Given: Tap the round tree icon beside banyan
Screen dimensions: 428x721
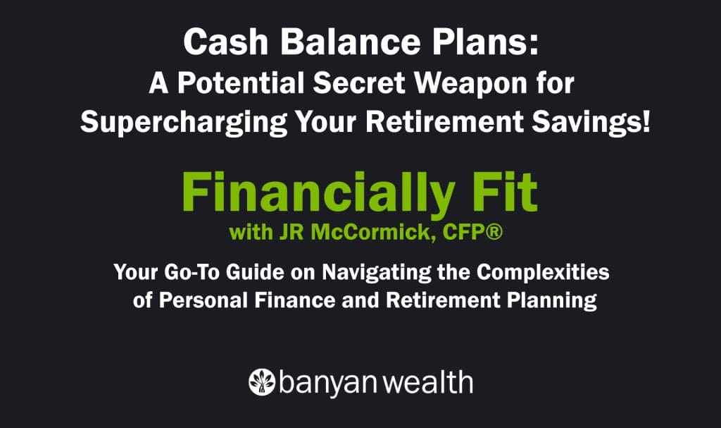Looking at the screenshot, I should [x=261, y=381].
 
